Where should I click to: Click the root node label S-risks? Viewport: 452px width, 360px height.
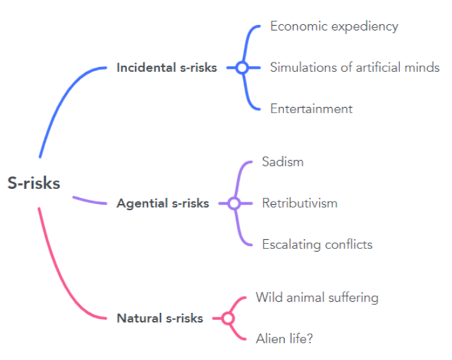click(x=34, y=183)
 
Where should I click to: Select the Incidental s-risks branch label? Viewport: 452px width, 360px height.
click(x=167, y=68)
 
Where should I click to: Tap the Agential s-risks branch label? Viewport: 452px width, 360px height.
click(x=163, y=203)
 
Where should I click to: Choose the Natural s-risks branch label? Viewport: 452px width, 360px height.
click(x=160, y=318)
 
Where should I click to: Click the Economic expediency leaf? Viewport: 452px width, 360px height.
click(x=334, y=26)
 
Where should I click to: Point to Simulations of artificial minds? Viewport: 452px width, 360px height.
click(x=354, y=68)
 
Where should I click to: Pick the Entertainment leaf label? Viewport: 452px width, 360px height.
click(x=311, y=109)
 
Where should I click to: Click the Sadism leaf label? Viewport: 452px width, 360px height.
click(x=282, y=162)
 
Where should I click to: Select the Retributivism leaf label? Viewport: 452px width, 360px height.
click(x=299, y=203)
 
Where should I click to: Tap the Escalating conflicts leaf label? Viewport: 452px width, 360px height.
click(x=317, y=244)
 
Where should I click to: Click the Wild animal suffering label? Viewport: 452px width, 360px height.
click(x=317, y=297)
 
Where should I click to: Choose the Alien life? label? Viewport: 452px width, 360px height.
click(x=284, y=339)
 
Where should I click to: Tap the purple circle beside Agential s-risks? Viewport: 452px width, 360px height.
click(x=234, y=203)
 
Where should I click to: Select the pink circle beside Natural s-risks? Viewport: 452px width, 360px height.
click(x=228, y=319)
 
